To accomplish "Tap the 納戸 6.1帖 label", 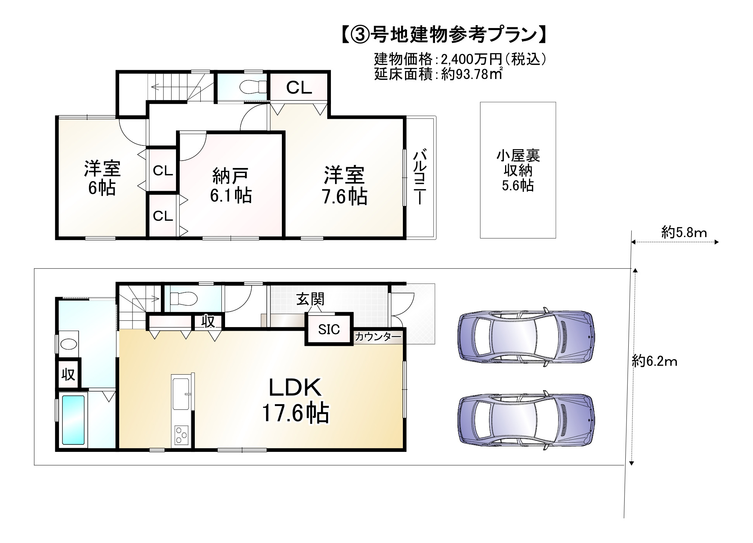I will [231, 186].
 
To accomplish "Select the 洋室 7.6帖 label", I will [344, 186].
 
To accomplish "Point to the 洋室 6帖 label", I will [102, 178].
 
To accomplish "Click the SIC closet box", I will [329, 329].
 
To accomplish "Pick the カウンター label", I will [377, 337].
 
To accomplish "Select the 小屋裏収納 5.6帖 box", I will [518, 170].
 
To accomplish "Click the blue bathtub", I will [73, 420].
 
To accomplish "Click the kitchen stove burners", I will [182, 435].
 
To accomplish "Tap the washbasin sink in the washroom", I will [69, 344].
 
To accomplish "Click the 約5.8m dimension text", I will [684, 233].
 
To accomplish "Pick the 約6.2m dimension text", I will [654, 361].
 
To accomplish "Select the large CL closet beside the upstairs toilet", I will [299, 88].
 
